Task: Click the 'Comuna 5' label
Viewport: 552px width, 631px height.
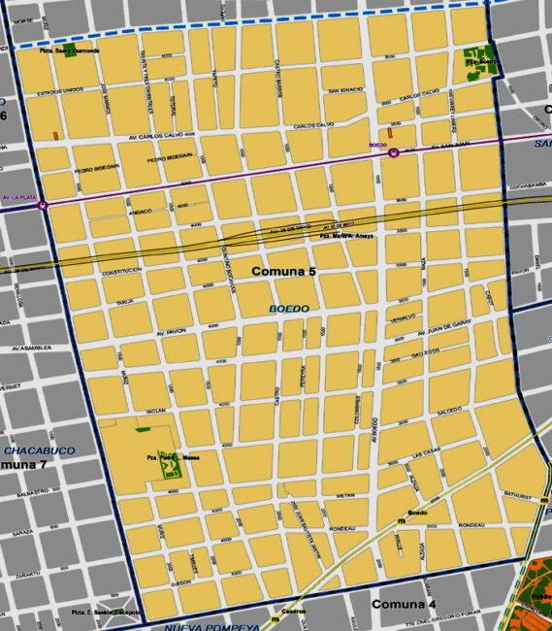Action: coord(284,272)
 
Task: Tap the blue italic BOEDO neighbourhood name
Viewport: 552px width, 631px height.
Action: coord(289,309)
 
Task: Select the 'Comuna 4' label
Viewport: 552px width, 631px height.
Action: coord(404,605)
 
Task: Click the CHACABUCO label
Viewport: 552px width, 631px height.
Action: coord(39,451)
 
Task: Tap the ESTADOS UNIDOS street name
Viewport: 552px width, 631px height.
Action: coord(58,93)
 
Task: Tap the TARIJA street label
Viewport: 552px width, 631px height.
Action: coord(124,302)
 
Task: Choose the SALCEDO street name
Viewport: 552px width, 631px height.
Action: coord(449,412)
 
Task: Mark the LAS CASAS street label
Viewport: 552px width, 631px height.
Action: coord(426,453)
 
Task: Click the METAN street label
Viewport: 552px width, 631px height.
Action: coord(347,495)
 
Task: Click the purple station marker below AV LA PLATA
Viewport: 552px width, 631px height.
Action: coord(42,205)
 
